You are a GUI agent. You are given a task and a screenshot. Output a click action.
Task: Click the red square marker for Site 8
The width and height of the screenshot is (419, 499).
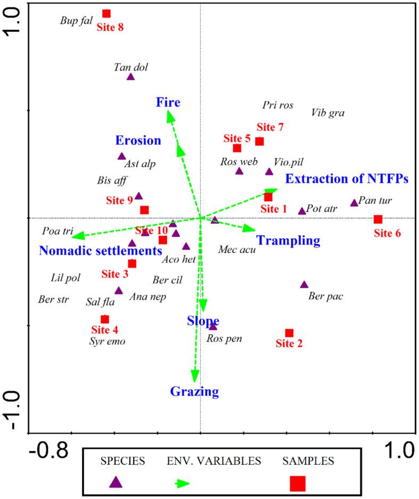tap(106, 13)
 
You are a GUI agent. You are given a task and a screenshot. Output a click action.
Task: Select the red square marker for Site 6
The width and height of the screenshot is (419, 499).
tap(378, 219)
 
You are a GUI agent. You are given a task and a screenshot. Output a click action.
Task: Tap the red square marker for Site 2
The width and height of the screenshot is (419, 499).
tap(289, 333)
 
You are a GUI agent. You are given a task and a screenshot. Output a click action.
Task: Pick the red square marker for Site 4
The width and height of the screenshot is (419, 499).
tap(105, 319)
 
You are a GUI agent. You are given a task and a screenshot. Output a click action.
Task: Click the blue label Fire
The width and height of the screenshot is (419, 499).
tap(168, 102)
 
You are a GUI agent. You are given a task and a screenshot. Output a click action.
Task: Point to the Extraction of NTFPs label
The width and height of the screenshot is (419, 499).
tap(347, 179)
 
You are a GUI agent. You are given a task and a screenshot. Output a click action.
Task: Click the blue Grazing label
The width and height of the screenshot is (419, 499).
tap(194, 392)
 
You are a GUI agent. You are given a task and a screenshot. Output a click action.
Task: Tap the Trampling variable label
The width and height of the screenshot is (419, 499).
tap(288, 241)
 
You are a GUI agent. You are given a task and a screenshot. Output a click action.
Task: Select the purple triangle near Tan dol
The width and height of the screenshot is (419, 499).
tap(131, 77)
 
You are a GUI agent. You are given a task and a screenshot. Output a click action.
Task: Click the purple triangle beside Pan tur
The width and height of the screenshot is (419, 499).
tap(354, 203)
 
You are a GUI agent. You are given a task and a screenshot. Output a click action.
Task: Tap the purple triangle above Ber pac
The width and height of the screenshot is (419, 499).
tap(304, 285)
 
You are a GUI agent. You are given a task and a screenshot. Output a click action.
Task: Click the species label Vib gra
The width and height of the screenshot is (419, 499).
tap(327, 112)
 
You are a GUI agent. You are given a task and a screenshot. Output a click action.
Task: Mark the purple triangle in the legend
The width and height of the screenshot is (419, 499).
tap(116, 482)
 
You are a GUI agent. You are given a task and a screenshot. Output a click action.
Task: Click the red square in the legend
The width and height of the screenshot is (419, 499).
tap(298, 483)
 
